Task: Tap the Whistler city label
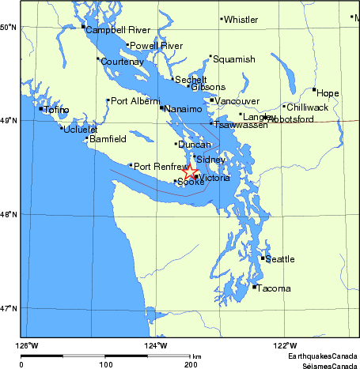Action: point(241,20)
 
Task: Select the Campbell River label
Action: point(118,30)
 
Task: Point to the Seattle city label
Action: point(279,259)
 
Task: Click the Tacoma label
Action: point(274,288)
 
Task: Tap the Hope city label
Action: point(328,93)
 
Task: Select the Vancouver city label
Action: point(237,102)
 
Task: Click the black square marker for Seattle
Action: point(262,258)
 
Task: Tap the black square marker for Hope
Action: point(314,90)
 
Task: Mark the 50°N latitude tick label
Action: point(8,28)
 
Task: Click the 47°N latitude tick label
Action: point(8,308)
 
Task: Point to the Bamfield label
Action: point(108,140)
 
